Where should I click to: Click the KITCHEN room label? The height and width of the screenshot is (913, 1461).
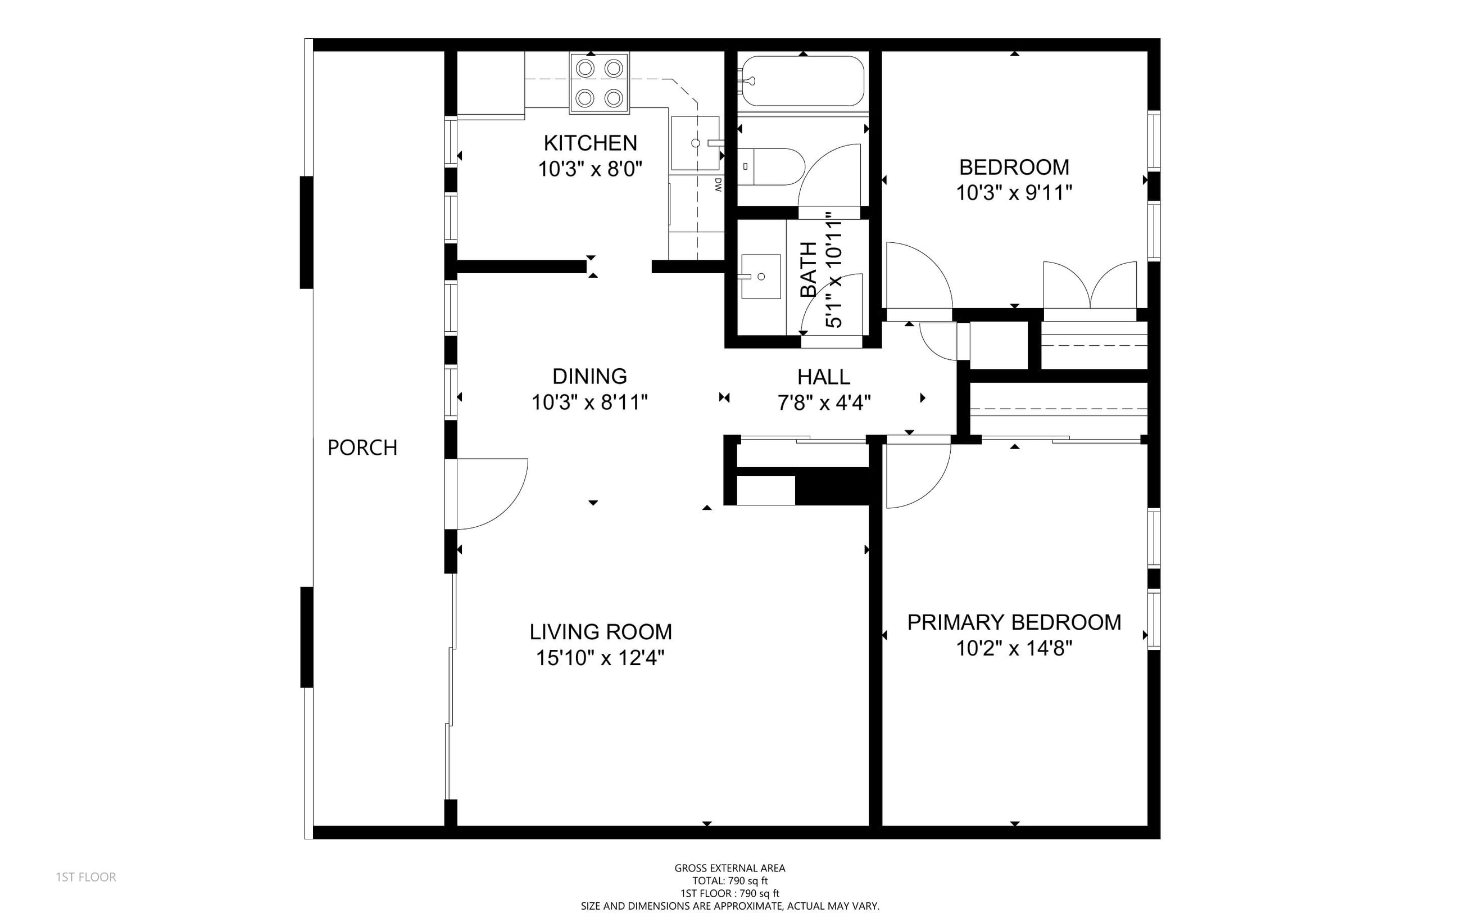(590, 143)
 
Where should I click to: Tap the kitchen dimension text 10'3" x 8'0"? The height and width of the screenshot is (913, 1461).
(590, 169)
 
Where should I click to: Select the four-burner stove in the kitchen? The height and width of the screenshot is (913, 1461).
(599, 83)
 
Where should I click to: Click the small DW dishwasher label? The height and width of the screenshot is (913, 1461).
(718, 185)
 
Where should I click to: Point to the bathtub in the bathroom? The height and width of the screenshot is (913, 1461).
(802, 82)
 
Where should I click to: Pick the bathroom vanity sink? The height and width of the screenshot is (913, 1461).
(761, 277)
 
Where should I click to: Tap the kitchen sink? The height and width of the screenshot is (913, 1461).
(695, 143)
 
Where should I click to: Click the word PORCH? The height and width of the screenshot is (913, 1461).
(362, 448)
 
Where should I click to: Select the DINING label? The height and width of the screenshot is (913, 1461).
(589, 376)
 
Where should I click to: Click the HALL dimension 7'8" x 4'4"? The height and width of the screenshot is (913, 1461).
(824, 402)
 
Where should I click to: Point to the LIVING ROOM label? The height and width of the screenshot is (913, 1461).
(601, 631)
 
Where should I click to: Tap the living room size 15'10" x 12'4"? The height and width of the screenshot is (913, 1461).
(601, 658)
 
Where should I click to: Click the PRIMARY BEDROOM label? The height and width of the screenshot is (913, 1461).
(1014, 622)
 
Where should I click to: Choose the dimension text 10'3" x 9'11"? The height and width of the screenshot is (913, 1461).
(1014, 193)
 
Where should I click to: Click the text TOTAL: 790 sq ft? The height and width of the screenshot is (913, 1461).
(730, 881)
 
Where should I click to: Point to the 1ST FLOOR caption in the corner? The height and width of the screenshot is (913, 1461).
(85, 877)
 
